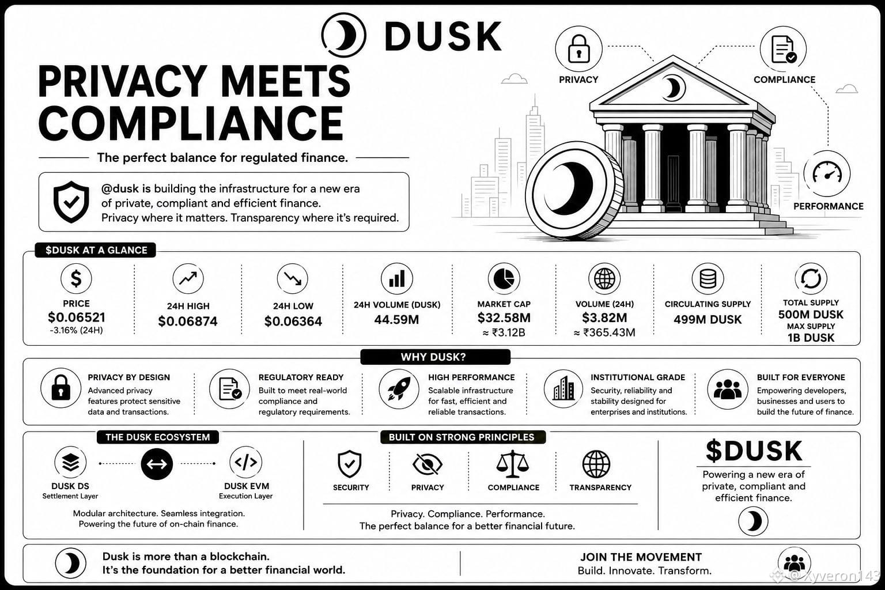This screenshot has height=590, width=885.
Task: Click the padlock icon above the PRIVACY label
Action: pos(578,50)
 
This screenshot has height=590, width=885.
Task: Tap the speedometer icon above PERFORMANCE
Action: pos(827,173)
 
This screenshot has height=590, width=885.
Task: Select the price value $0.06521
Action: pos(77,317)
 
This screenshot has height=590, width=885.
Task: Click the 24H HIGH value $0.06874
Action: pos(188,322)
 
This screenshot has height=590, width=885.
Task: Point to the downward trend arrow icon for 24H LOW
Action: pos(292,279)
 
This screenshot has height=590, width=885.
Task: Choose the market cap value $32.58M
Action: pos(504,317)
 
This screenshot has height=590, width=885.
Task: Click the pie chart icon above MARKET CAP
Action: pos(504,279)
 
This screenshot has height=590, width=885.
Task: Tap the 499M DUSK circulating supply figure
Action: pos(708,319)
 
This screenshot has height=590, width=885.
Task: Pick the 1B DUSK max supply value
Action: pos(811,338)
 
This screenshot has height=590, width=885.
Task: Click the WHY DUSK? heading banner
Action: pos(436,357)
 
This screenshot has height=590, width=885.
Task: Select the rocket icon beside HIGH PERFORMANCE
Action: pos(399,389)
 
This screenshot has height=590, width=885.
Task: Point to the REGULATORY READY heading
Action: pos(301,377)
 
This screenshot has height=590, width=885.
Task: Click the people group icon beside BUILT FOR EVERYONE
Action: pos(727,389)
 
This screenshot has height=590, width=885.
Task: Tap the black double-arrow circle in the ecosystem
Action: pos(157,464)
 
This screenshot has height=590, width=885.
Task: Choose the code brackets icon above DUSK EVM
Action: pos(246,462)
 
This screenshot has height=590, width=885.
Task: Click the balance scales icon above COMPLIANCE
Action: pos(512,464)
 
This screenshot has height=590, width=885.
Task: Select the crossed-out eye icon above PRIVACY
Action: pos(428,464)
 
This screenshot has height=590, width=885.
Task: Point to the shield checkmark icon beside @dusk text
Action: pos(71,202)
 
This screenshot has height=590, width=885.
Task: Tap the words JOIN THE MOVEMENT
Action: pos(641,557)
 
